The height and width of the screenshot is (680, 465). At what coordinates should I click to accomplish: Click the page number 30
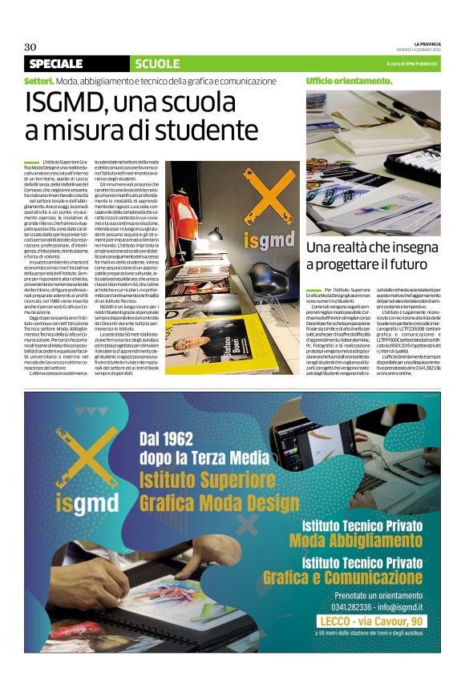[31, 46]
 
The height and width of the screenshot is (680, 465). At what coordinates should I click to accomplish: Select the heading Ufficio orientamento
[349, 81]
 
